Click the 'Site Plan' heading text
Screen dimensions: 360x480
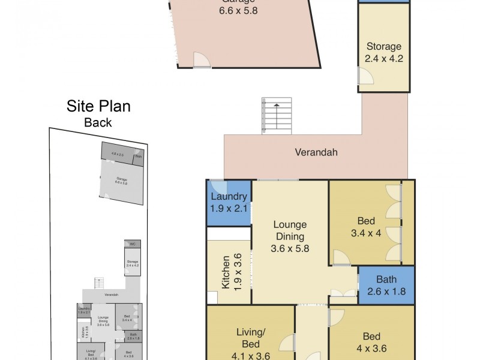(98, 107)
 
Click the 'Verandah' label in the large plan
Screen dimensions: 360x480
(316, 152)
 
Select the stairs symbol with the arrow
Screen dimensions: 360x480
(276, 115)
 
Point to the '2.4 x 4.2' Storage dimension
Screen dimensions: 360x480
(383, 58)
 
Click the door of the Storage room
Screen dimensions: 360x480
(363, 77)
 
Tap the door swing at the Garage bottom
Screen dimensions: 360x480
(202, 60)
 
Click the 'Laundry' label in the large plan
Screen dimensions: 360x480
(229, 197)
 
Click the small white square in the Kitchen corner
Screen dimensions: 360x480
(212, 298)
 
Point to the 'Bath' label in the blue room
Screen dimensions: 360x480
(386, 279)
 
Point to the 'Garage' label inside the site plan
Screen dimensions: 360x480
(122, 179)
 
